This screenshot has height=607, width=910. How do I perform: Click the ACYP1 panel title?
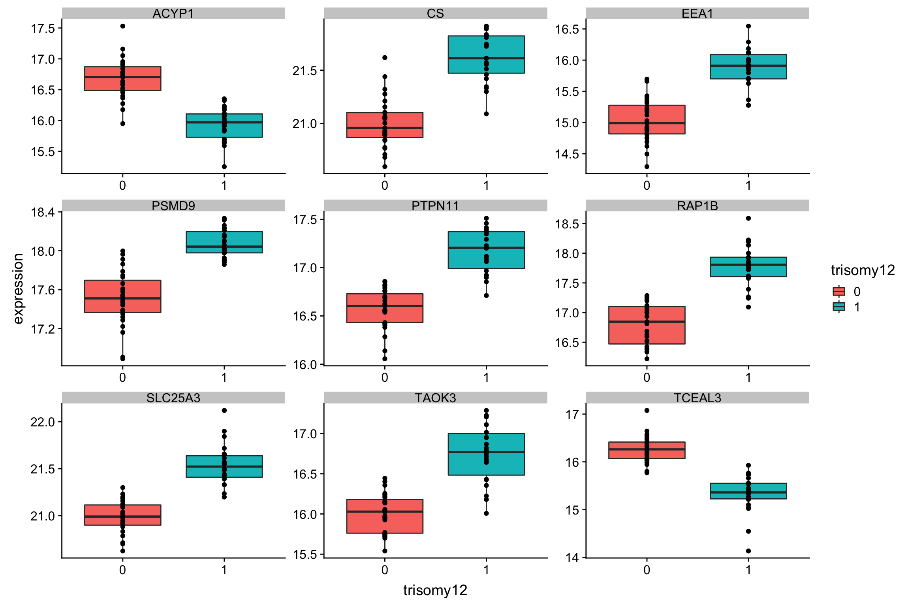click(x=173, y=13)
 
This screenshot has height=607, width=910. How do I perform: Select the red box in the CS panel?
click(x=385, y=125)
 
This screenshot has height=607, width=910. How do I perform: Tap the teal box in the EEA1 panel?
click(x=748, y=67)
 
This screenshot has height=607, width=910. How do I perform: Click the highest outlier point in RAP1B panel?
click(x=748, y=218)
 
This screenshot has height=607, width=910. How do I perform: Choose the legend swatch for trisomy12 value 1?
click(x=839, y=307)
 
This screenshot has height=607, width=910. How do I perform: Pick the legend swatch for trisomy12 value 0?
click(x=839, y=291)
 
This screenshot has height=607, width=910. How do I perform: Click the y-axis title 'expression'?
click(x=18, y=288)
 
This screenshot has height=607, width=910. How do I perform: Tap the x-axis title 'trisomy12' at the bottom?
click(x=435, y=590)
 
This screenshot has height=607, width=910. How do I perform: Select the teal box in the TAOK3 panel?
click(x=486, y=454)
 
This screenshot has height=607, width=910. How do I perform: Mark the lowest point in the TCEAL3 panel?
click(x=748, y=551)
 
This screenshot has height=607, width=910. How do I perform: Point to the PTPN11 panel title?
click(x=435, y=206)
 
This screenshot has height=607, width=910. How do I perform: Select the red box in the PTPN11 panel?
click(x=385, y=308)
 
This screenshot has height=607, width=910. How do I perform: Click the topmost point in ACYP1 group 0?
click(x=123, y=26)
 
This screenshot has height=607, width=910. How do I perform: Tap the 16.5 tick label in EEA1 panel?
click(x=567, y=29)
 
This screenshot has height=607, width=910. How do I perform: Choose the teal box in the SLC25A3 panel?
click(x=224, y=466)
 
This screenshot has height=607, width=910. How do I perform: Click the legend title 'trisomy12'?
click(x=863, y=270)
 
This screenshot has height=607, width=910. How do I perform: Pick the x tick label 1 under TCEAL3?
click(x=748, y=569)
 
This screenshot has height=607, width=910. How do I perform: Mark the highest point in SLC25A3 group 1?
click(x=224, y=410)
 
